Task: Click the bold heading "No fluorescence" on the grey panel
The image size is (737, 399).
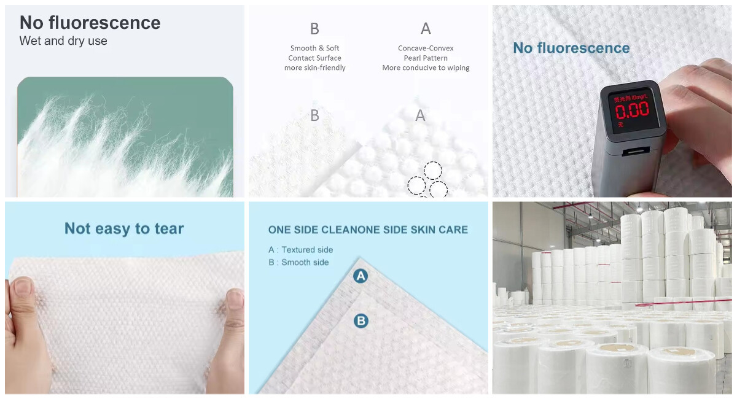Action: coord(90,23)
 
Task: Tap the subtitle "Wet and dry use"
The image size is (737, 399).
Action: coord(63,41)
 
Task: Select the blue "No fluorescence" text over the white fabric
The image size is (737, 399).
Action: coord(571,48)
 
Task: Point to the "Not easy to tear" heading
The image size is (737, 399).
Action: coord(124,229)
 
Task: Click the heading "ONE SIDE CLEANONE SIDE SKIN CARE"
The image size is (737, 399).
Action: coord(368,230)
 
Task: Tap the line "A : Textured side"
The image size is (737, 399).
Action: coord(301,250)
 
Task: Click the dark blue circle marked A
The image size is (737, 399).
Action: coord(361,276)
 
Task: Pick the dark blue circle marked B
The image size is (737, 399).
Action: coord(361,320)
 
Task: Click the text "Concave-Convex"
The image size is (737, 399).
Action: coord(426,48)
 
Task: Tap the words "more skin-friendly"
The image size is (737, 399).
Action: coord(314,68)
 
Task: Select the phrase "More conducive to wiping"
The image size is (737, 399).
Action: coord(426,68)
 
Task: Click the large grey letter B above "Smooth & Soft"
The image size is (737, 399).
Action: coord(314,29)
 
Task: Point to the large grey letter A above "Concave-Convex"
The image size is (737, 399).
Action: coord(426,29)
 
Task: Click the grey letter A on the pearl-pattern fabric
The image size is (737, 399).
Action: coord(420,115)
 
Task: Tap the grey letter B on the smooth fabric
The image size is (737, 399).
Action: coord(314,115)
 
